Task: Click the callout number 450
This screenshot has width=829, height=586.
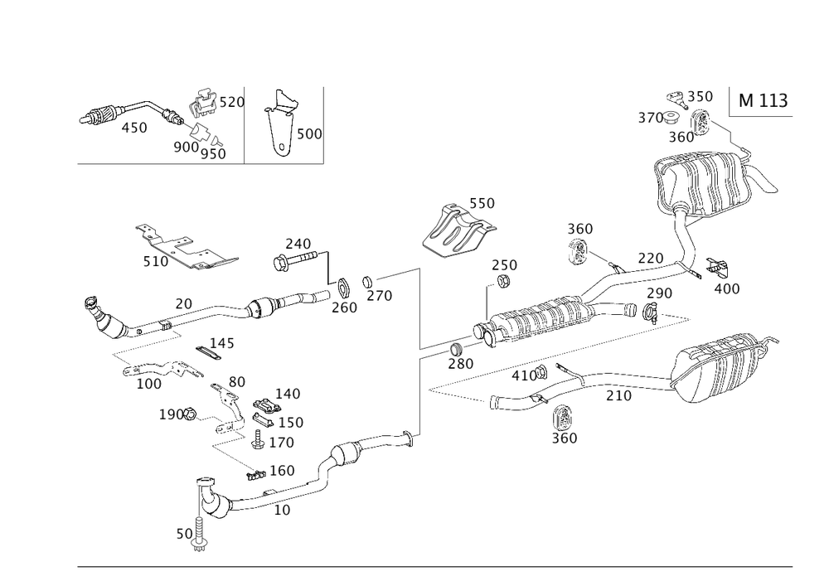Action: [133, 128]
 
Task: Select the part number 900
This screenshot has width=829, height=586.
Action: [184, 147]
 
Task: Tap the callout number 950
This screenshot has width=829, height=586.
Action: [212, 154]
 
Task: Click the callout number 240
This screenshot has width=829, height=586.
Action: [297, 244]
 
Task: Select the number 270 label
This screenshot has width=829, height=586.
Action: [378, 295]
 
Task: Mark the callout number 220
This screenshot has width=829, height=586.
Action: [651, 259]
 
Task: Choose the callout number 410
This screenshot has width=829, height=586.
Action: [524, 375]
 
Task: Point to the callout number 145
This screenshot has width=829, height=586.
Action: [220, 342]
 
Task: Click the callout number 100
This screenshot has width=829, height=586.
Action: [148, 384]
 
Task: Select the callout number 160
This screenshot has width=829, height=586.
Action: [283, 471]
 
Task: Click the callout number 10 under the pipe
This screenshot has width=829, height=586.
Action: [282, 511]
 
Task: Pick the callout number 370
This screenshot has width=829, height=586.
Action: [647, 119]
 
